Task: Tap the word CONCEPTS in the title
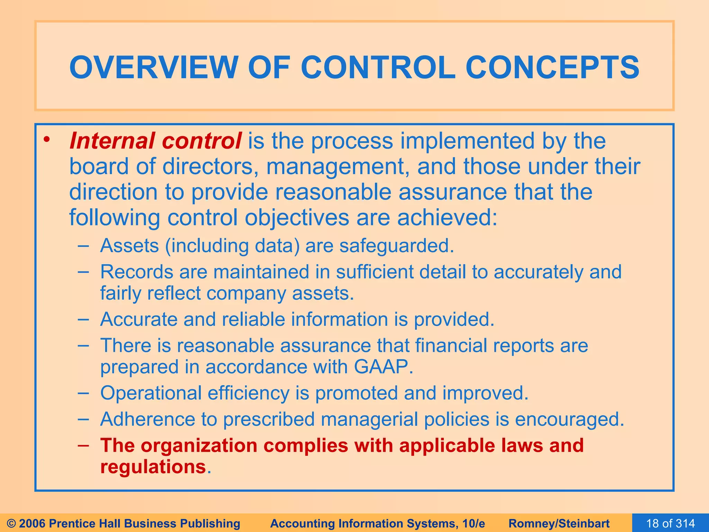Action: point(552,67)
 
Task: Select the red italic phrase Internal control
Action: point(155,141)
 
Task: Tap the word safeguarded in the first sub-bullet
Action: point(396,246)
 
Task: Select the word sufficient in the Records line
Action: point(375,272)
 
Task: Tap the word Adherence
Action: point(147,419)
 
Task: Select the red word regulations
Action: point(153,467)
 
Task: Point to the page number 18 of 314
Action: point(670,523)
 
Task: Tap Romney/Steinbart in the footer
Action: point(559,523)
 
